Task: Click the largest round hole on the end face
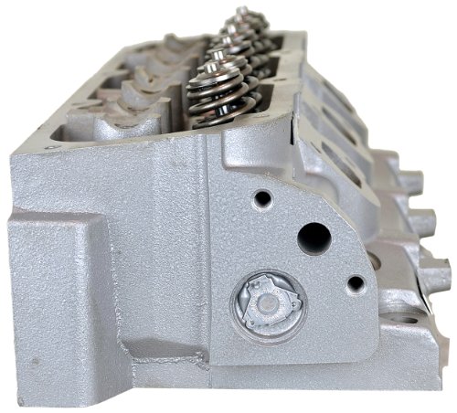[314, 238]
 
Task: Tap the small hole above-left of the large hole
[263, 197]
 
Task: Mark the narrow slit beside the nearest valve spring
[179, 110]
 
